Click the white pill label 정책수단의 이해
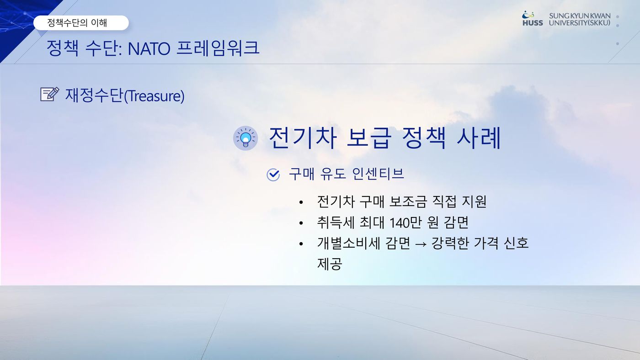pyautogui.click(x=81, y=23)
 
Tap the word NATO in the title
pyautogui.click(x=149, y=48)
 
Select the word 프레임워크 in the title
pyautogui.click(x=218, y=48)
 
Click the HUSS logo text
pyautogui.click(x=533, y=23)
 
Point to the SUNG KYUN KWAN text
pyautogui.click(x=580, y=16)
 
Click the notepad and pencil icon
pyautogui.click(x=50, y=94)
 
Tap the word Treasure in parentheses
pyautogui.click(x=155, y=96)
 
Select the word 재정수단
pyautogui.click(x=94, y=95)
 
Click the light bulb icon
pyautogui.click(x=245, y=138)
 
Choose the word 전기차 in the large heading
pyautogui.click(x=303, y=138)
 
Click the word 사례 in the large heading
pyautogui.click(x=479, y=138)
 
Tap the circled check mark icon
pyautogui.click(x=273, y=175)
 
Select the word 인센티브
pyautogui.click(x=378, y=174)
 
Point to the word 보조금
pyautogui.click(x=408, y=201)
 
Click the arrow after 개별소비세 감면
pyautogui.click(x=421, y=244)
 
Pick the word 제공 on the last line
pyautogui.click(x=330, y=264)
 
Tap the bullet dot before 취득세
pyautogui.click(x=301, y=223)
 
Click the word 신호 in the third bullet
pyautogui.click(x=516, y=243)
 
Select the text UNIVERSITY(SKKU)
pyautogui.click(x=580, y=23)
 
